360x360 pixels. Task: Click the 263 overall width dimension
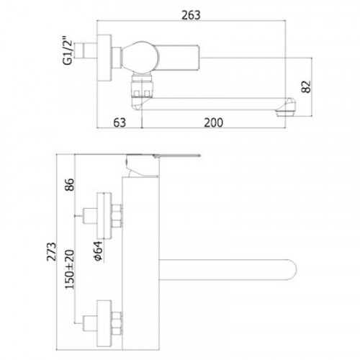click(x=191, y=15)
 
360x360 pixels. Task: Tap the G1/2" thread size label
click(x=67, y=50)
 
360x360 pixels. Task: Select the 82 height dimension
click(x=306, y=86)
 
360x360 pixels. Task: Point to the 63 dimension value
click(x=120, y=122)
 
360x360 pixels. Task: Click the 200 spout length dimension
click(x=213, y=122)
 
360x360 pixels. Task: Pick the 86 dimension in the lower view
click(x=70, y=184)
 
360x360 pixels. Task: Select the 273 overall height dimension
click(x=51, y=251)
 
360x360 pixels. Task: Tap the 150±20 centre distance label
click(x=70, y=269)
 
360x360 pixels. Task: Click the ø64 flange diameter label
click(x=98, y=251)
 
